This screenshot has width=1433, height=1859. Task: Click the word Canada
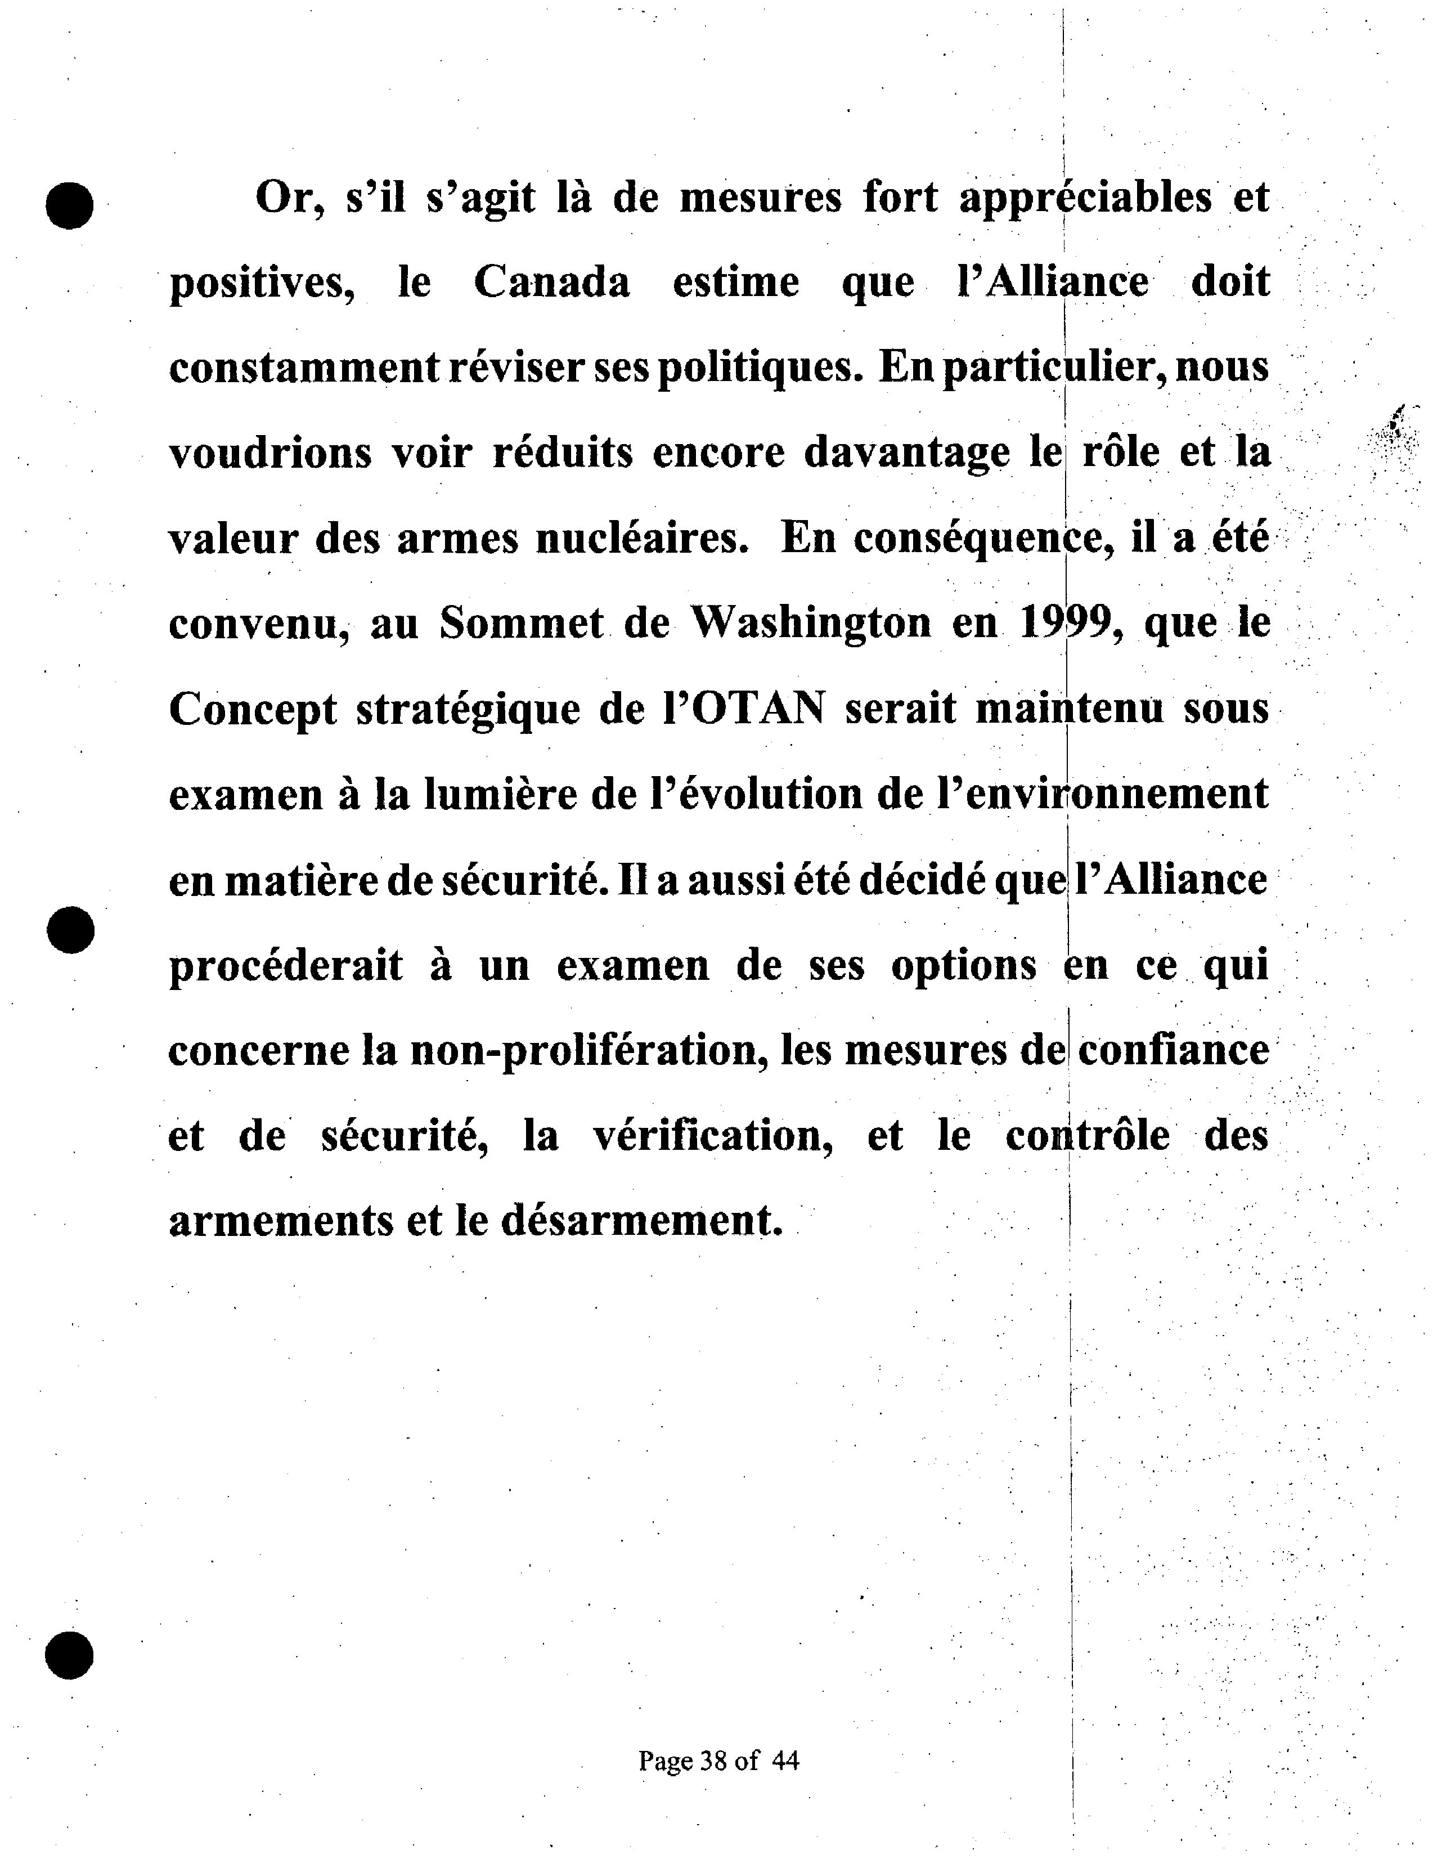(551, 282)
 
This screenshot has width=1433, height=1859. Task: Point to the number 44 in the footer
(785, 1761)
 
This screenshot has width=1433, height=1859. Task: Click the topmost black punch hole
(70, 205)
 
